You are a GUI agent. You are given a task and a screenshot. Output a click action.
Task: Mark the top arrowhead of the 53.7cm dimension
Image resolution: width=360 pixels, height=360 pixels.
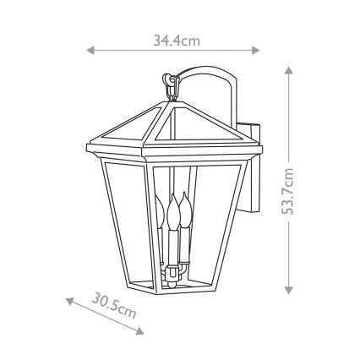click(x=290, y=70)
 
